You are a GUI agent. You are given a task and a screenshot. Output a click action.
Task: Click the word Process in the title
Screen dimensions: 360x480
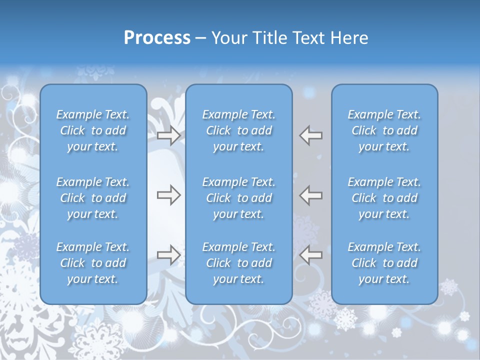pyautogui.click(x=157, y=38)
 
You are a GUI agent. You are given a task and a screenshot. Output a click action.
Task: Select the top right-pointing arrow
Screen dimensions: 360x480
pyautogui.click(x=169, y=135)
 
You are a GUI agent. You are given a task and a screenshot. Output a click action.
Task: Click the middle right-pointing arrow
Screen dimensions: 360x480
pyautogui.click(x=169, y=195)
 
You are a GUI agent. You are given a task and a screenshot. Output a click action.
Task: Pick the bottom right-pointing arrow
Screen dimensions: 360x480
pyautogui.click(x=169, y=255)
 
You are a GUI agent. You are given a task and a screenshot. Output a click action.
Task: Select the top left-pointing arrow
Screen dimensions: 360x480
pyautogui.click(x=311, y=135)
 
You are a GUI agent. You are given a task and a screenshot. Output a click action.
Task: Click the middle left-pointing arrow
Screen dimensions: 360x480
pyautogui.click(x=311, y=195)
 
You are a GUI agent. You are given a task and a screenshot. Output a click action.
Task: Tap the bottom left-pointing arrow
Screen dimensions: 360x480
pyautogui.click(x=311, y=255)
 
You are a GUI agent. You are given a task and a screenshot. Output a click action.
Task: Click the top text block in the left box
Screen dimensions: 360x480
pyautogui.click(x=93, y=130)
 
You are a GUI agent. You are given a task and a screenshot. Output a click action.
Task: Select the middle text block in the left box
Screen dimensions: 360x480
pyautogui.click(x=93, y=198)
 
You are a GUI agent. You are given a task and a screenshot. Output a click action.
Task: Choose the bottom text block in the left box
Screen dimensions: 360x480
pyautogui.click(x=93, y=263)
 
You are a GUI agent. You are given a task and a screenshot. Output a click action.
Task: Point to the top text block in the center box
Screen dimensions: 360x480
pyautogui.click(x=239, y=130)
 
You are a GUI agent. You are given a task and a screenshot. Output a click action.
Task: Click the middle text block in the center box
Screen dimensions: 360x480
pyautogui.click(x=239, y=198)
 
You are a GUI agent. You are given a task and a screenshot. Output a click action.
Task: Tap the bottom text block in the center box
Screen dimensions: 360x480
pyautogui.click(x=239, y=263)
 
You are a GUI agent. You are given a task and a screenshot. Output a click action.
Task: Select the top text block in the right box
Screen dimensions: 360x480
pyautogui.click(x=384, y=130)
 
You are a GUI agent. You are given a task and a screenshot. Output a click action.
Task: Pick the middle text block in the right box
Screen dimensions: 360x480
pyautogui.click(x=384, y=198)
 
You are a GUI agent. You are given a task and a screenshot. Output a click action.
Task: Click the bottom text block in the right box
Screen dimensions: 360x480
pyautogui.click(x=384, y=263)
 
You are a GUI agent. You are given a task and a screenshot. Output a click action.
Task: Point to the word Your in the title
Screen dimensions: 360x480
pyautogui.click(x=227, y=38)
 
